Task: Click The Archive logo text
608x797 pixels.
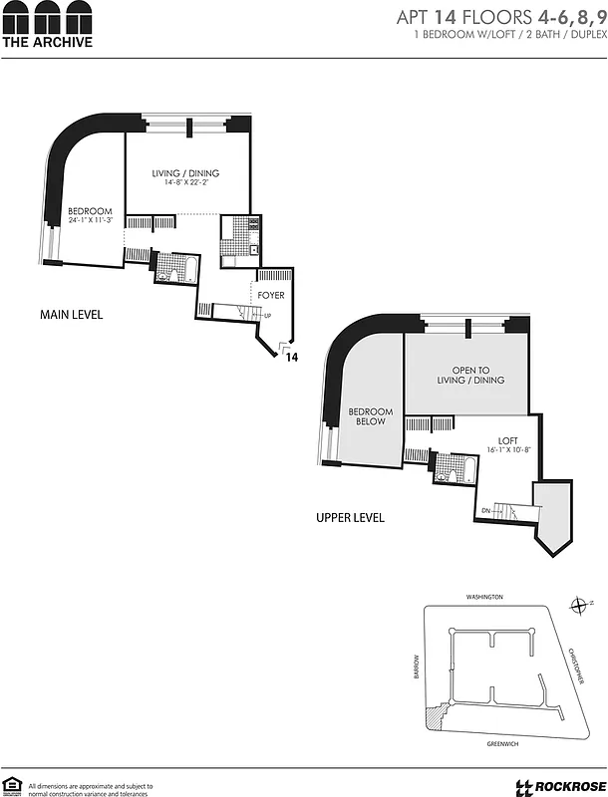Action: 47,42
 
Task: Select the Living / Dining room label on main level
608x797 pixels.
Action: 185,173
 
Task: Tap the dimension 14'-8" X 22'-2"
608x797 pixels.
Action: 185,184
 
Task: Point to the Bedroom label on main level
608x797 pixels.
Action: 89,210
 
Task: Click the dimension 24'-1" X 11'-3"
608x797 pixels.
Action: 91,220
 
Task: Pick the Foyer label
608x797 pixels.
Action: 271,296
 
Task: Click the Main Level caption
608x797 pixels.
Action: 71,315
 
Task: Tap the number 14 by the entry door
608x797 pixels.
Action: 292,356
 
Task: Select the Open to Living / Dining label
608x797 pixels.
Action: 470,375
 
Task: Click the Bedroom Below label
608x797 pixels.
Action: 369,416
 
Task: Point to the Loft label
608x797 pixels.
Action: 508,440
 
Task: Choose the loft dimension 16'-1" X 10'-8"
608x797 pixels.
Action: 508,450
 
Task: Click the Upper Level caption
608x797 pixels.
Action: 350,518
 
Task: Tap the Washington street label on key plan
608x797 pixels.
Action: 484,597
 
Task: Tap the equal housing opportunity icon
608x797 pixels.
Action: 13,786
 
